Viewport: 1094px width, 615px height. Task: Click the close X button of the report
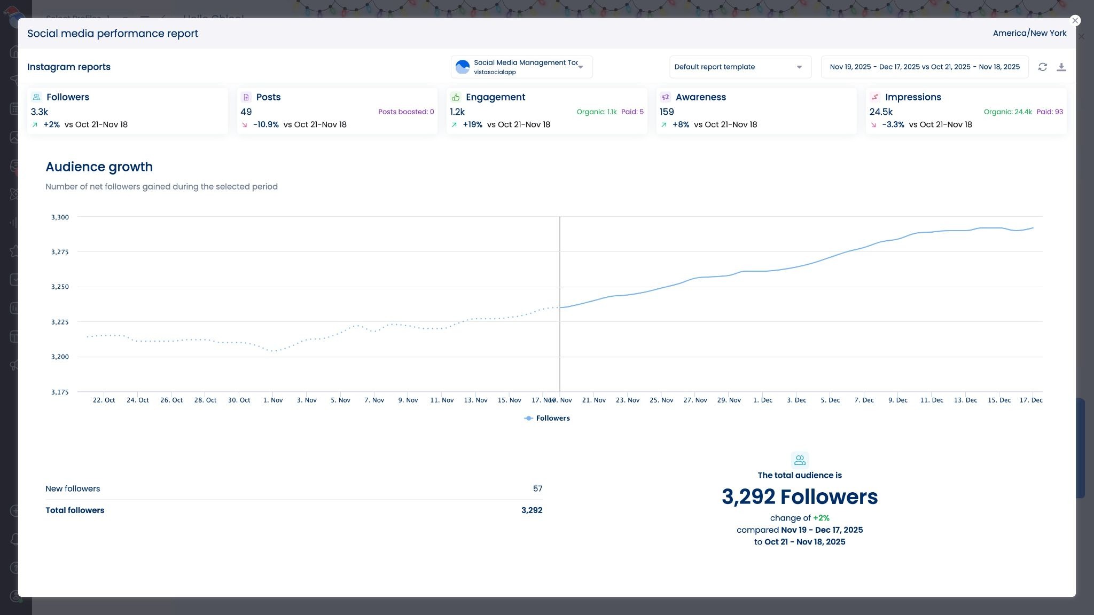click(x=1075, y=20)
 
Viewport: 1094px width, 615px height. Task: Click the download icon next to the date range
click(x=1061, y=67)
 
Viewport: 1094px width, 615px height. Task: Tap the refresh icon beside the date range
click(x=1042, y=67)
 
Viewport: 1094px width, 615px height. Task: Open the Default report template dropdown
click(x=740, y=67)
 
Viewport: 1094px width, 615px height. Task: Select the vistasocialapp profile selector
click(x=521, y=67)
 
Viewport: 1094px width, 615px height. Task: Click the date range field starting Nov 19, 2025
click(x=924, y=67)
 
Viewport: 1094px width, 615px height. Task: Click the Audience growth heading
click(x=99, y=167)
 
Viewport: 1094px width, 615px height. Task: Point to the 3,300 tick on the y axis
click(x=60, y=217)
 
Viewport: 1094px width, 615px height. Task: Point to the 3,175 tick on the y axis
click(x=60, y=392)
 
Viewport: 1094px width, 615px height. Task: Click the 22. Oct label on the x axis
click(x=104, y=400)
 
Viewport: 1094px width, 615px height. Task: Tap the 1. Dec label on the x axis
click(x=762, y=400)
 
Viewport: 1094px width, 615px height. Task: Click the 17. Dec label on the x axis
click(x=1030, y=400)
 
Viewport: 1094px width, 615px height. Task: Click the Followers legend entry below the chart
click(x=548, y=418)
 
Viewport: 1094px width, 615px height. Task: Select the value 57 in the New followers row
click(x=537, y=488)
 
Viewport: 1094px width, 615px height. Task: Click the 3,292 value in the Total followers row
click(x=532, y=510)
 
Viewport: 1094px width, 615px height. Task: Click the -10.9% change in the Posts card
click(x=265, y=124)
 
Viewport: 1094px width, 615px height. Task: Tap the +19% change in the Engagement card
click(x=472, y=124)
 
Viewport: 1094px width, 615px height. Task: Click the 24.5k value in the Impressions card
click(x=881, y=112)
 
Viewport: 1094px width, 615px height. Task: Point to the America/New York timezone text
click(x=1029, y=33)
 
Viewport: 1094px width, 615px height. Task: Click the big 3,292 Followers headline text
click(x=799, y=496)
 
